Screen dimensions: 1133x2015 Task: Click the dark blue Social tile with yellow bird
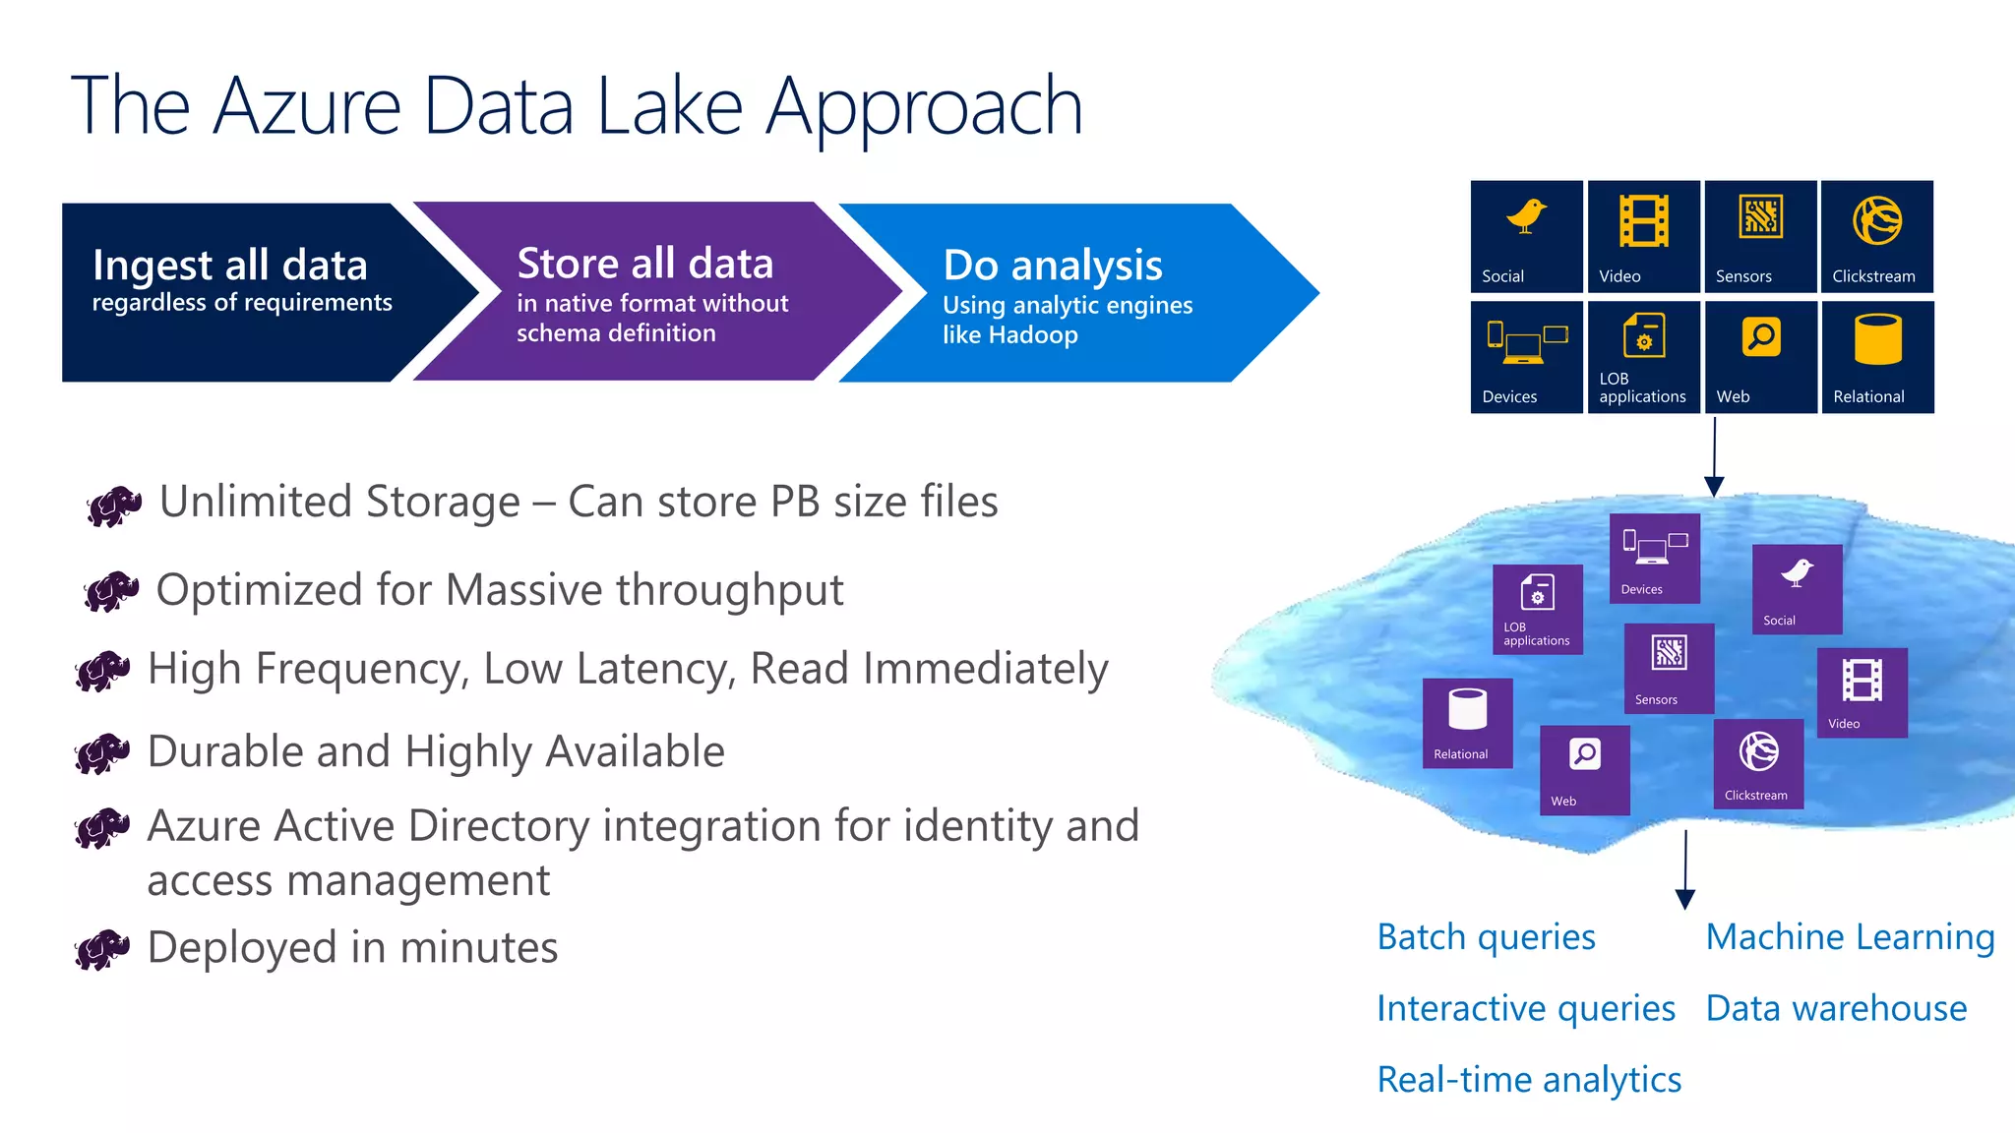click(1526, 236)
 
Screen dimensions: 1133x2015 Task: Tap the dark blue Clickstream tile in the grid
click(1876, 236)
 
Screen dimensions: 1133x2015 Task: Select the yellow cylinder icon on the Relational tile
click(1877, 339)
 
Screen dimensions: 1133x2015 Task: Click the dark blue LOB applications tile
click(1643, 357)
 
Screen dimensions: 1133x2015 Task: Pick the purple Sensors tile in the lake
click(1669, 668)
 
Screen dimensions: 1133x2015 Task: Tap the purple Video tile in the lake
click(1862, 692)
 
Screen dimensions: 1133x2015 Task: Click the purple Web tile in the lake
click(1584, 770)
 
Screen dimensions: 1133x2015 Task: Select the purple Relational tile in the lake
click(1467, 723)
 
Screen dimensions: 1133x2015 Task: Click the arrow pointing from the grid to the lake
click(1714, 457)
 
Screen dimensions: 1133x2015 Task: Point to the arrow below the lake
click(1685, 869)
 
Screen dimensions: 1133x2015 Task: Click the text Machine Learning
click(1850, 937)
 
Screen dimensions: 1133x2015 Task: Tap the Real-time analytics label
click(1529, 1080)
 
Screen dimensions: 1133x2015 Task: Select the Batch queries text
click(1486, 937)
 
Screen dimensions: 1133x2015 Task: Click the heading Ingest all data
click(229, 266)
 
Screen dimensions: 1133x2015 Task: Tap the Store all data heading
click(644, 264)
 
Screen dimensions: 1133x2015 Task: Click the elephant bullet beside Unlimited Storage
click(114, 506)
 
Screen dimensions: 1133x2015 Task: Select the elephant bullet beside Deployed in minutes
click(102, 949)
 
